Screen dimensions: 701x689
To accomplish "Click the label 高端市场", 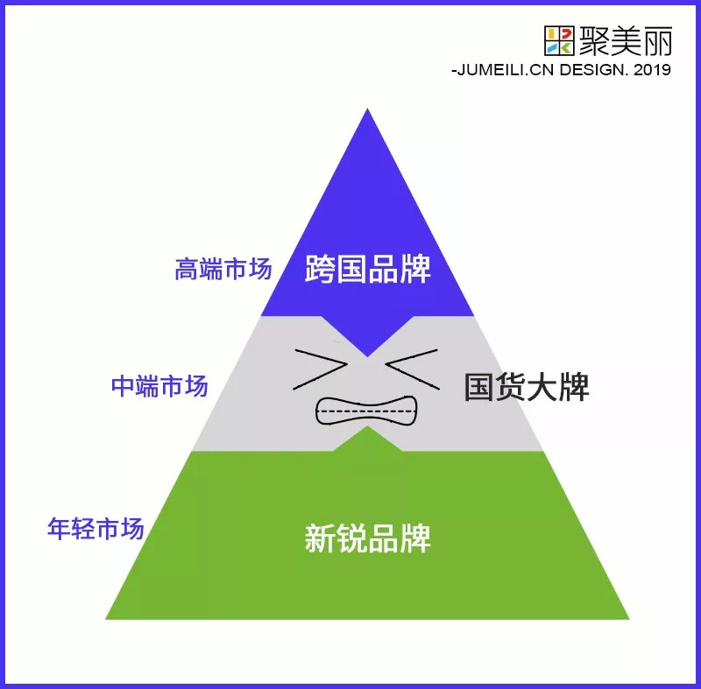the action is [x=223, y=269].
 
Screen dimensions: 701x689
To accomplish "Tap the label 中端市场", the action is [x=159, y=386].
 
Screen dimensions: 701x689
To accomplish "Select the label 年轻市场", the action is [x=96, y=529].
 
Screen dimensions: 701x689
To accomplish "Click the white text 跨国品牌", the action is [x=368, y=269].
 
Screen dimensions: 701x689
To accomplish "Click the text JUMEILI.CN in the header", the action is [x=502, y=69].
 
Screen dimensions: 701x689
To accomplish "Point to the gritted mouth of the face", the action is [x=365, y=411].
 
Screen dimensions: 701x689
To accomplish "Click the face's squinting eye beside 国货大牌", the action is [x=410, y=366].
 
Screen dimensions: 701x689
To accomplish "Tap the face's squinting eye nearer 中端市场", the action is [x=321, y=368].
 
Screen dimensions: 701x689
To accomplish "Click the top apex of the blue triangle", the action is [x=368, y=111].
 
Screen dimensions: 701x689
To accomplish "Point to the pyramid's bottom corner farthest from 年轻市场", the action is [x=627, y=617].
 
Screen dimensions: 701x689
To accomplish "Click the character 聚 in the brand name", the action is [x=598, y=39].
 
